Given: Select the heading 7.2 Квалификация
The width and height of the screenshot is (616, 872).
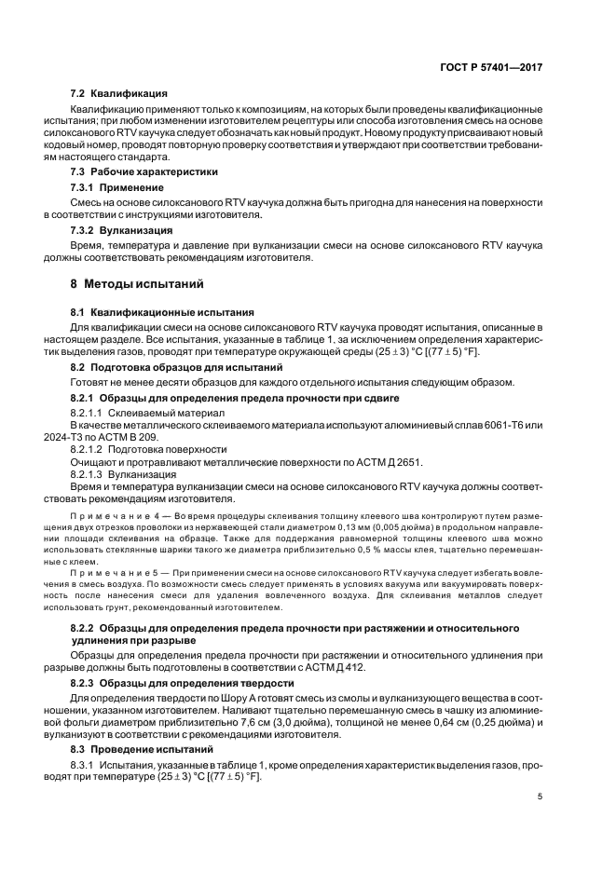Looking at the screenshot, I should point(119,93).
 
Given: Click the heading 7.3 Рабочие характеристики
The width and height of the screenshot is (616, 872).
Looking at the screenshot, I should point(144,171).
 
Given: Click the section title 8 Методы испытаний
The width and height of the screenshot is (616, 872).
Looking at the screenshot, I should point(136,283).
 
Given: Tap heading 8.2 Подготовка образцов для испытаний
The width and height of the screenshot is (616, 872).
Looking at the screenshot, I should point(177,368).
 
